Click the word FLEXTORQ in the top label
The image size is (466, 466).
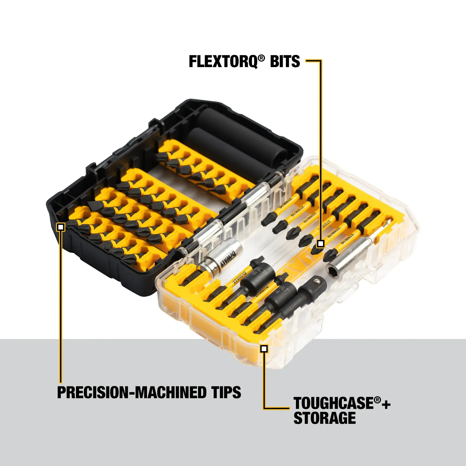coord(223,62)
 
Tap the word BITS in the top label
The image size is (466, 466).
coord(285,62)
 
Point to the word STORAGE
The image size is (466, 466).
coord(324,418)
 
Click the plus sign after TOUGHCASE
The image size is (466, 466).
coord(386,405)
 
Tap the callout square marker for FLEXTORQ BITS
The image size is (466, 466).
coord(320,244)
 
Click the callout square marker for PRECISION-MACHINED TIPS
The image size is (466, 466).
coord(61,227)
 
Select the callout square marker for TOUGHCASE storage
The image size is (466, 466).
coord(264,349)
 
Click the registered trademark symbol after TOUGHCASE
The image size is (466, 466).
coord(377,400)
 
